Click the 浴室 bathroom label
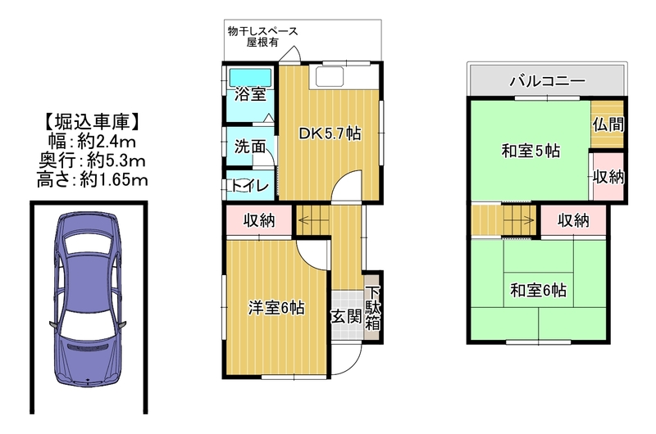(x=250, y=94)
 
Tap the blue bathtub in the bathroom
(x=250, y=78)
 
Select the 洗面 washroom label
(x=250, y=147)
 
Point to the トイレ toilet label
(x=250, y=185)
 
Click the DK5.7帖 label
(x=330, y=133)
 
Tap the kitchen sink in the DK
(x=330, y=77)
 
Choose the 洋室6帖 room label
(x=276, y=308)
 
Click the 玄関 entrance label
(x=346, y=317)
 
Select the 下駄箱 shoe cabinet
(x=372, y=308)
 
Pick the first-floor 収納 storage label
(x=259, y=220)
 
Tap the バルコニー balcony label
(x=547, y=80)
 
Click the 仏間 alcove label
(x=608, y=124)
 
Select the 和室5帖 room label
(x=531, y=151)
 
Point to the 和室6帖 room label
(x=539, y=290)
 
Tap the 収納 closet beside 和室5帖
(x=608, y=177)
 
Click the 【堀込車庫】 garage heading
(x=91, y=122)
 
